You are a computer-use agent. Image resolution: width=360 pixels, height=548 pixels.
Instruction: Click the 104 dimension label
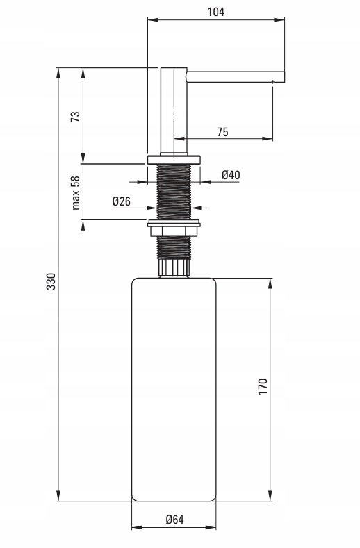tap(217, 11)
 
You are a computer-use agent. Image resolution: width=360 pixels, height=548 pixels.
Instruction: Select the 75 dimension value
tap(222, 131)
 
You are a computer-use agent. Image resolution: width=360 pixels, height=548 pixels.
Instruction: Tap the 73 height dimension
tap(76, 116)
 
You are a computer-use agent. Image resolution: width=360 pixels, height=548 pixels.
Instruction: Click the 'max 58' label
tap(76, 192)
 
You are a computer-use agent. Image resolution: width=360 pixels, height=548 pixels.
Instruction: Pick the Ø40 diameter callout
tap(231, 175)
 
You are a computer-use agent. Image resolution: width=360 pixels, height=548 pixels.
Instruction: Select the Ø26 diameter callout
tap(122, 201)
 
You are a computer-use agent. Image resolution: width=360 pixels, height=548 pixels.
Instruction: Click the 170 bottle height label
tap(262, 385)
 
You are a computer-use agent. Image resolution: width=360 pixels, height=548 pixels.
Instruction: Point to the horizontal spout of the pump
tap(236, 75)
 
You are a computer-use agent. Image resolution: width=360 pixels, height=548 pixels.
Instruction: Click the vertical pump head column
tap(174, 111)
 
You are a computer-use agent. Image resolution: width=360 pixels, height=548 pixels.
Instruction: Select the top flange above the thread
tap(174, 158)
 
